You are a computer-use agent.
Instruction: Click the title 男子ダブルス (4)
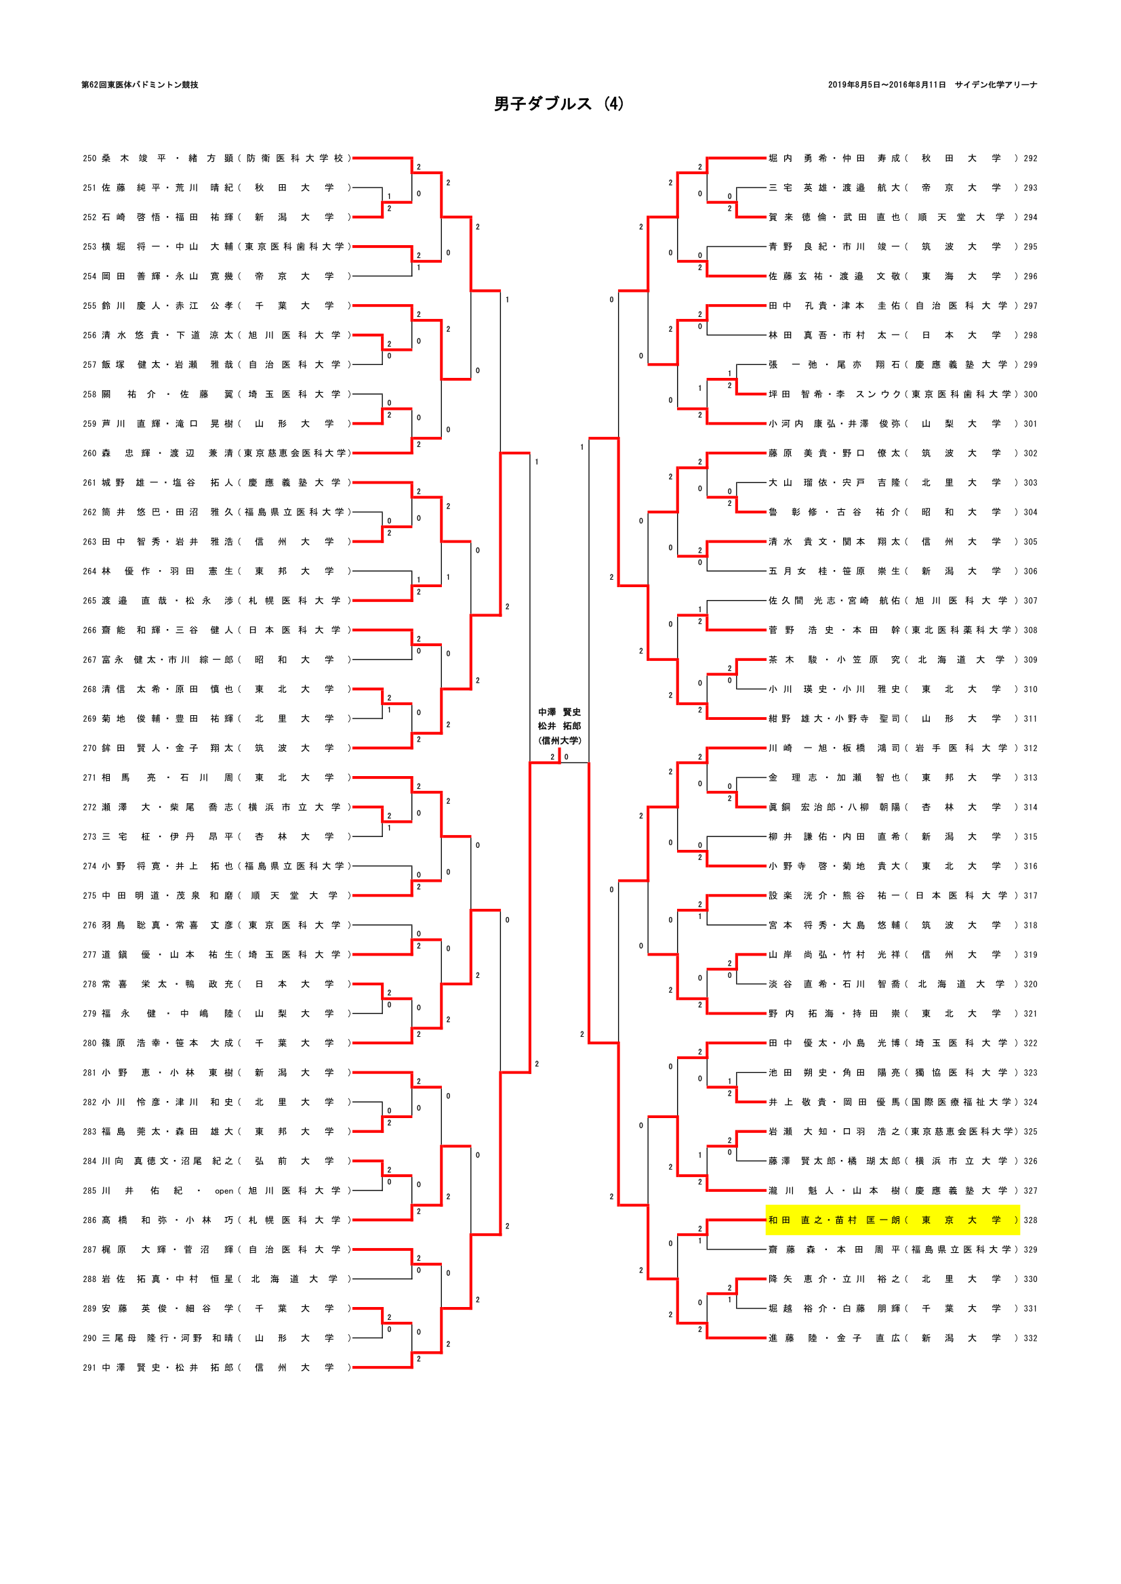click(558, 104)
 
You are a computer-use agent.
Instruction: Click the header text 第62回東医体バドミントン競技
click(140, 85)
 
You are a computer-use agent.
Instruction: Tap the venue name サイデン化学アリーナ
click(996, 85)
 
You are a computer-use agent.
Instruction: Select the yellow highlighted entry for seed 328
click(892, 1220)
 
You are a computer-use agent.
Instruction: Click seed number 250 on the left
click(89, 158)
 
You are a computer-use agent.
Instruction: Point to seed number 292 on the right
click(1030, 158)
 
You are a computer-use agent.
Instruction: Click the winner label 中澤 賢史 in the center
click(559, 712)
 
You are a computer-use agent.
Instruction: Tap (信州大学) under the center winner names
click(559, 740)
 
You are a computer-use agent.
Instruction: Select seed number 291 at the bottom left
click(89, 1367)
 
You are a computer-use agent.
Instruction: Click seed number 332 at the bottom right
click(1030, 1337)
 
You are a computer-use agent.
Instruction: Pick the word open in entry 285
click(224, 1191)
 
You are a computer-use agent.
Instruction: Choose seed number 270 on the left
click(89, 748)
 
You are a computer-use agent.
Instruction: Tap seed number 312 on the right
click(1030, 748)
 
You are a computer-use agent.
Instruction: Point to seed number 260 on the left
click(89, 453)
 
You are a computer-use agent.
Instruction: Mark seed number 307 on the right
click(1030, 601)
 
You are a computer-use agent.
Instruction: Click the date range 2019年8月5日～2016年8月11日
click(886, 85)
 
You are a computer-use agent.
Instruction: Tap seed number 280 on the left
click(89, 1043)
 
